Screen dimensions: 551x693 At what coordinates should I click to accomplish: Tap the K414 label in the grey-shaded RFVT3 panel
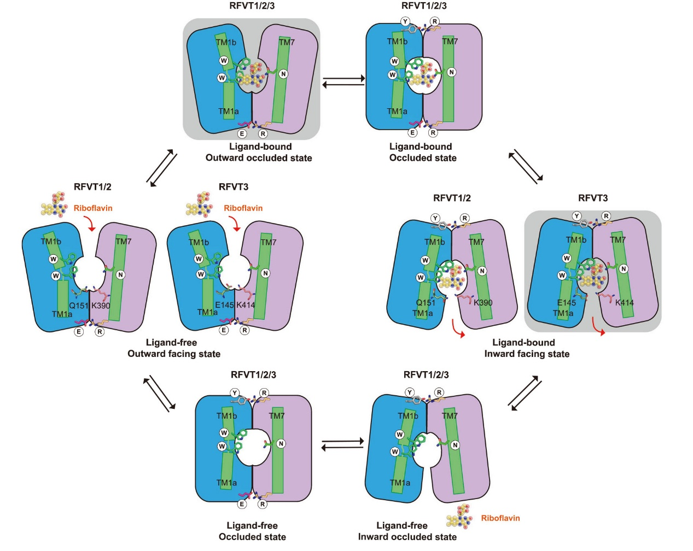click(624, 302)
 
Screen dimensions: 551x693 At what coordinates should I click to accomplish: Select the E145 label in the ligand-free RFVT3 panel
click(224, 305)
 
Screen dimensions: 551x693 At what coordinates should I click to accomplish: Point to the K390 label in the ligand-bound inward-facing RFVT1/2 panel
click(483, 302)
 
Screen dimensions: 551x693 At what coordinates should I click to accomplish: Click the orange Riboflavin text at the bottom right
click(500, 518)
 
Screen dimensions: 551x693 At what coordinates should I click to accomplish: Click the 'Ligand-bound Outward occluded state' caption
click(259, 153)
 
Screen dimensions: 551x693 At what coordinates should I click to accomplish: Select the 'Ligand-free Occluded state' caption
click(252, 531)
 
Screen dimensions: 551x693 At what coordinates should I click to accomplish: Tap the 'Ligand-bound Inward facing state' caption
click(526, 348)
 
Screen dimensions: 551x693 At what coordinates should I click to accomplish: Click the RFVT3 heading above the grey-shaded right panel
click(593, 198)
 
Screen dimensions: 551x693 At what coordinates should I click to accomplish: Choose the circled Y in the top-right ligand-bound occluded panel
click(405, 21)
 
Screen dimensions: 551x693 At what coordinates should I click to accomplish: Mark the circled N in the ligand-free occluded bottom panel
click(281, 443)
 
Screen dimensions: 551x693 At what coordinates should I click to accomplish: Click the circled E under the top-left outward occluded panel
click(242, 133)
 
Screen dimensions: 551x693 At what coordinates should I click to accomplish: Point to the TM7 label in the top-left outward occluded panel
click(287, 42)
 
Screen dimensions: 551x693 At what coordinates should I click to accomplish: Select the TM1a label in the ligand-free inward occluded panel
click(400, 483)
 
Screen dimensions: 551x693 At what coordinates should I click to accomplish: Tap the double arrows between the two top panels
click(343, 81)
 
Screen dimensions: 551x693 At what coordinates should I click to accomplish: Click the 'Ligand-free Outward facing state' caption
click(173, 348)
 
